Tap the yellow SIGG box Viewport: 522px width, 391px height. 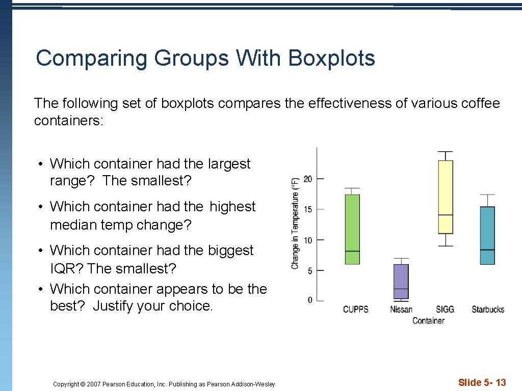[445, 188]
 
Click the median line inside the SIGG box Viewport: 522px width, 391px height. [445, 215]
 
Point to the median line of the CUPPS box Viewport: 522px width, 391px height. [352, 251]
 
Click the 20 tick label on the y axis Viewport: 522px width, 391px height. [308, 179]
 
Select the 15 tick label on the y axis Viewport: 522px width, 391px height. [308, 209]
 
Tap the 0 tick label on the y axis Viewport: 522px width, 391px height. [310, 300]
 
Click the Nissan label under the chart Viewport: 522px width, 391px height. [401, 310]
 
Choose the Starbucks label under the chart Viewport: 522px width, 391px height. [487, 310]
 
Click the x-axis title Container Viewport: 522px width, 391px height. [428, 321]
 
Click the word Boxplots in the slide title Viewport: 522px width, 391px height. [331, 58]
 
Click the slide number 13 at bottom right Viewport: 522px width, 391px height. [500, 382]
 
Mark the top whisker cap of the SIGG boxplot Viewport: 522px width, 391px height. [445, 152]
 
